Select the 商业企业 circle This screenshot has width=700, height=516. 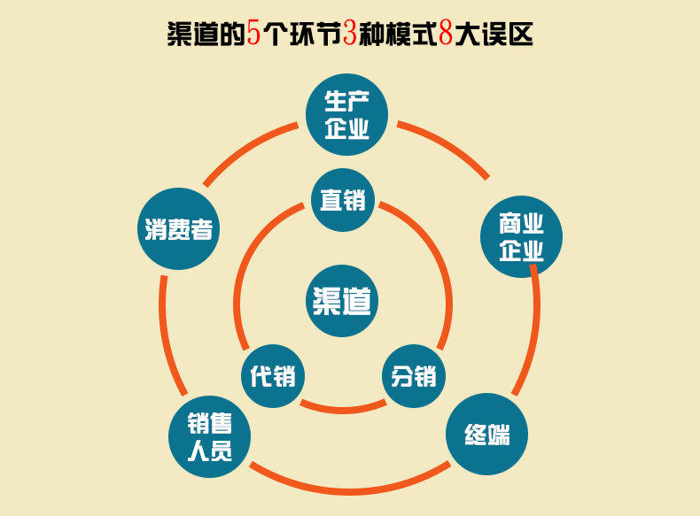[521, 236]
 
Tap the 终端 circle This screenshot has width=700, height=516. [486, 435]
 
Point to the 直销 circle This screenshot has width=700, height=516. [343, 200]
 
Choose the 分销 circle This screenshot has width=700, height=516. [414, 375]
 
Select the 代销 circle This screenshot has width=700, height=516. [272, 375]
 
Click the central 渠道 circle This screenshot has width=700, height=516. [342, 301]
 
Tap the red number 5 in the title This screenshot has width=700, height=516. [254, 35]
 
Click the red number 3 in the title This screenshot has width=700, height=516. [348, 35]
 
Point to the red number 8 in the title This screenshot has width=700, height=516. [445, 35]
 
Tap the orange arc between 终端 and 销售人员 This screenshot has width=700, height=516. [346, 489]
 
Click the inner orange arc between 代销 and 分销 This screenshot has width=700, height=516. [343, 410]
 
